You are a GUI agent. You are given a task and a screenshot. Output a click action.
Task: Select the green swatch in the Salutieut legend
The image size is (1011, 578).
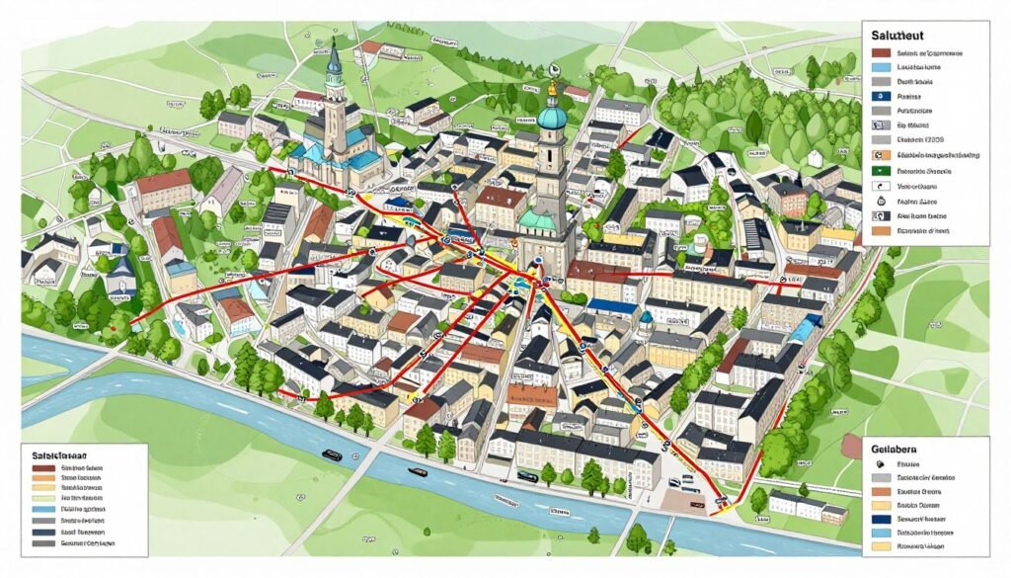click(881, 171)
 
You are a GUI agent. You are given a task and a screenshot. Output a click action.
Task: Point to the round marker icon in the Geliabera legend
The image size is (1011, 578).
click(879, 462)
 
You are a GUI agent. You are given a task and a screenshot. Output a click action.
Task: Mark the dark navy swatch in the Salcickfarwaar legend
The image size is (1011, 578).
click(41, 531)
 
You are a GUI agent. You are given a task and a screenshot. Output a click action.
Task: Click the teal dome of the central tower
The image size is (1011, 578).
click(552, 118)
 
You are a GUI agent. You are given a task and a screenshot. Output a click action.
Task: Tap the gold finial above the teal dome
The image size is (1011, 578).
click(552, 91)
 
